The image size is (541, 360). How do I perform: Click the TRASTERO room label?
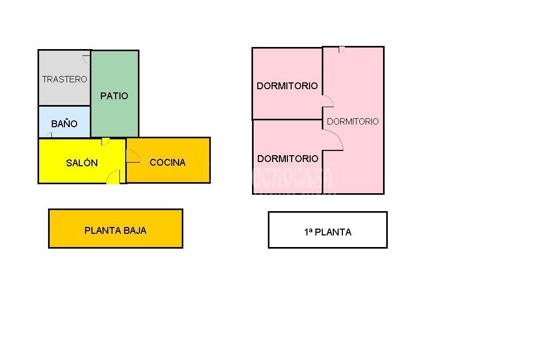click(64, 79)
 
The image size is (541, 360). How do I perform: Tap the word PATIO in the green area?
click(114, 96)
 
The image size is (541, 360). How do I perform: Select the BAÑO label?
click(64, 124)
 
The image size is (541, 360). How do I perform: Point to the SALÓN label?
click(82, 163)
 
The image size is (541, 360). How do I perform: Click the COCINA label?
click(167, 162)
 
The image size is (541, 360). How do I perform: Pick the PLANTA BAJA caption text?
click(115, 230)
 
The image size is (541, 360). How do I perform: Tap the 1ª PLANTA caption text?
click(328, 232)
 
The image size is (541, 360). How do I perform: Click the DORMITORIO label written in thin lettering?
click(352, 121)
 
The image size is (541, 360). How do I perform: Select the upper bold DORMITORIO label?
click(287, 86)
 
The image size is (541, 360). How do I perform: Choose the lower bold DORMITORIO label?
click(287, 158)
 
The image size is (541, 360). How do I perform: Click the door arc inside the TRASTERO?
click(87, 59)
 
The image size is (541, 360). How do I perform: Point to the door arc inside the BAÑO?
click(49, 135)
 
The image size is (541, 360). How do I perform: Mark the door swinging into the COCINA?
click(133, 156)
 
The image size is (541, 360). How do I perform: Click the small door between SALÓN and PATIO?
click(106, 141)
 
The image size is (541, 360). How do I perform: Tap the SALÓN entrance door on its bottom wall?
click(114, 178)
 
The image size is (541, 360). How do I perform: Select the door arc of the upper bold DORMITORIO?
click(328, 101)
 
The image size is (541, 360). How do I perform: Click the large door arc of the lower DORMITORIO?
click(334, 140)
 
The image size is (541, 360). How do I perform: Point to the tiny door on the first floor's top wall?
click(342, 49)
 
